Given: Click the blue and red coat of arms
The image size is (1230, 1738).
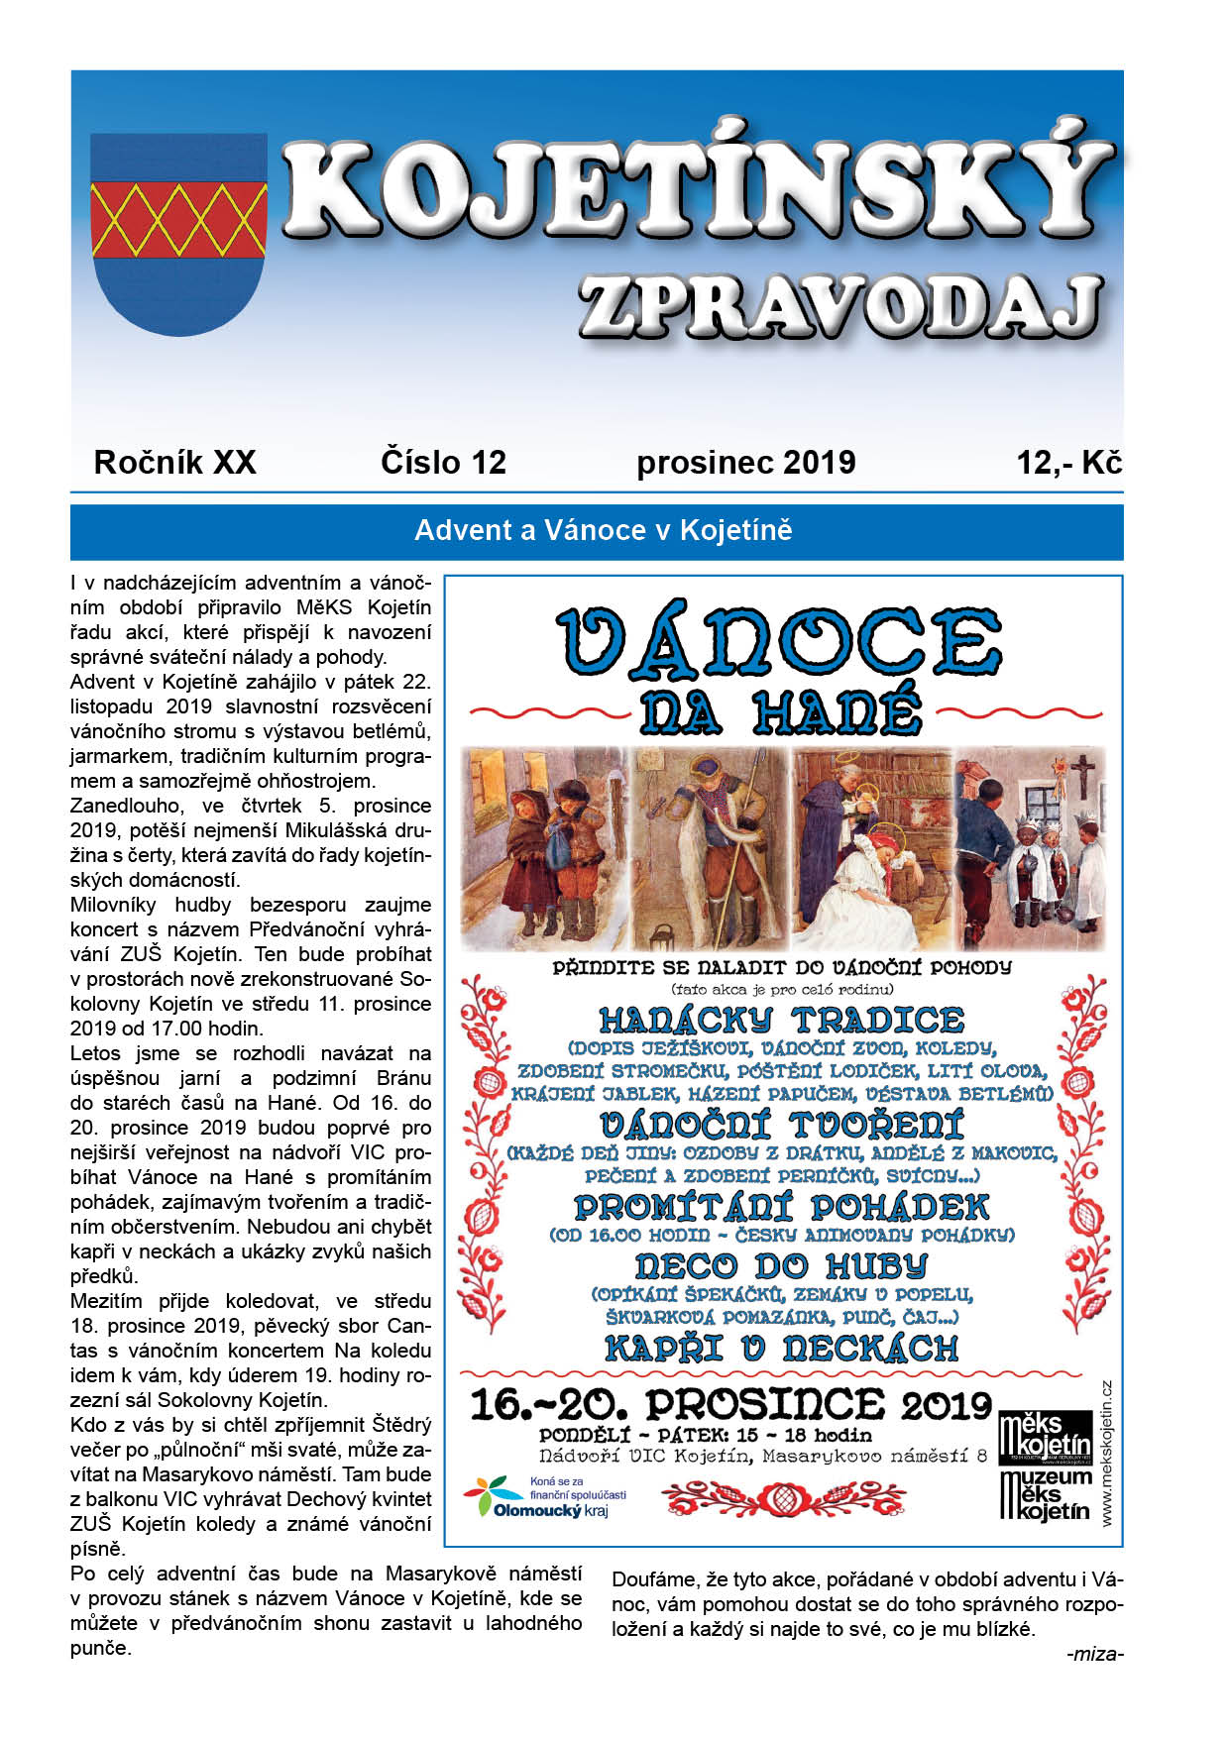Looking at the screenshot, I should click(178, 234).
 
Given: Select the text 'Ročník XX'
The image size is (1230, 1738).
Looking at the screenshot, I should click(174, 463).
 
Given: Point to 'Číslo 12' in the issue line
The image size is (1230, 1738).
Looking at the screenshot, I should click(443, 463).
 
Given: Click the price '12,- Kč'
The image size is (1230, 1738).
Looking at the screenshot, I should click(1068, 463).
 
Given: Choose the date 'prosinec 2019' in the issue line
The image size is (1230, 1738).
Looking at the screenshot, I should click(745, 463).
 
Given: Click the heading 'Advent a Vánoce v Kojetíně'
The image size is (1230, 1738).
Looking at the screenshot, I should click(603, 531).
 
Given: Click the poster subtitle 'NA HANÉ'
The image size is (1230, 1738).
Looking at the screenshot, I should click(781, 712).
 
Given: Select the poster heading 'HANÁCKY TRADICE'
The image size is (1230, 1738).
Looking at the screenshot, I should click(781, 1021).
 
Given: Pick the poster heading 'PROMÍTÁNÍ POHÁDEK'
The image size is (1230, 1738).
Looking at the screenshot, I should click(781, 1207).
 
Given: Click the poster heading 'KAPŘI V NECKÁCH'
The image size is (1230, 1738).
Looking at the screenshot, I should click(781, 1349).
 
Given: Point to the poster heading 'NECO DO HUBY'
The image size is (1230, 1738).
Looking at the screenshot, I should click(781, 1265).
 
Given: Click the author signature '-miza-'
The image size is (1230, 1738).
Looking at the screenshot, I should click(1094, 1654).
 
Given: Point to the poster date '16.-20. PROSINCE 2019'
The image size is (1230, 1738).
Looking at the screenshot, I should click(730, 1404).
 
